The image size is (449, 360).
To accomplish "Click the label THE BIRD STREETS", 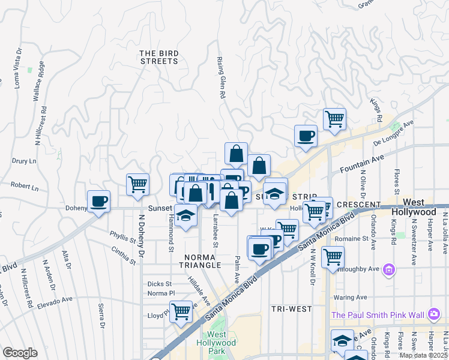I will click(159, 57).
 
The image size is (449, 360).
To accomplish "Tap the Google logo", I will click(20, 353).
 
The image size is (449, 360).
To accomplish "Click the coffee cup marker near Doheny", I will click(99, 201).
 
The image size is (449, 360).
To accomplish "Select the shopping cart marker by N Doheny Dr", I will click(138, 184).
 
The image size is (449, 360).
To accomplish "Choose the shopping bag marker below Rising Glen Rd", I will click(237, 154).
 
